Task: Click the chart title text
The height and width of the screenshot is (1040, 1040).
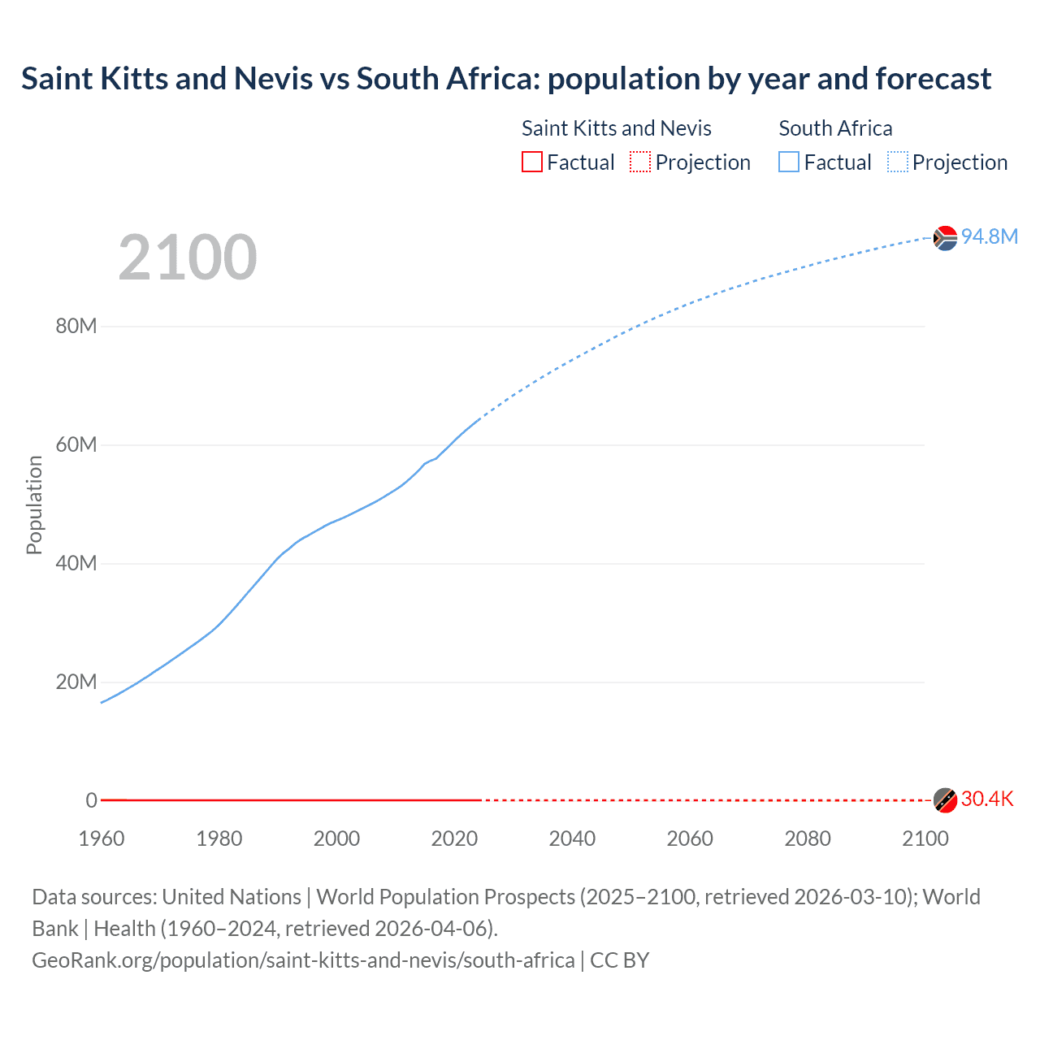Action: tap(505, 79)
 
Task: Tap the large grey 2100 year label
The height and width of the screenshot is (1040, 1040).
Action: tap(188, 258)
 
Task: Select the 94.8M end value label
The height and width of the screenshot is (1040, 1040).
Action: tap(989, 236)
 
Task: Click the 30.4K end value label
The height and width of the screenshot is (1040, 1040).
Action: tap(986, 799)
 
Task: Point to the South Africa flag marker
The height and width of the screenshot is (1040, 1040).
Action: tap(944, 238)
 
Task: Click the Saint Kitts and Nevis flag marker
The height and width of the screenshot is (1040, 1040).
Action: tap(944, 800)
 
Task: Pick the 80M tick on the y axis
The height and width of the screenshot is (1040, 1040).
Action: tap(76, 327)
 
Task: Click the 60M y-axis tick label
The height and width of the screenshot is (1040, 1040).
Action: tap(76, 445)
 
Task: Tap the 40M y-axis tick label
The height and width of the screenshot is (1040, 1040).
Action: tap(76, 564)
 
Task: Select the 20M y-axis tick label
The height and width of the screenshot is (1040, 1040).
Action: tap(76, 682)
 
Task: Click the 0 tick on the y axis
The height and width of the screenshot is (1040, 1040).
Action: tap(91, 800)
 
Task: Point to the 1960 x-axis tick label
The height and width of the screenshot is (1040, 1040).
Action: tap(102, 838)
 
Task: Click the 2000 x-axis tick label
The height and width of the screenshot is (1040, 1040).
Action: tap(336, 838)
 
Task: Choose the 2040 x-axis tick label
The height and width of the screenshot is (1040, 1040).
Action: tap(572, 838)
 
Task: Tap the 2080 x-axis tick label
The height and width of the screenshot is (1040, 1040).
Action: tap(808, 838)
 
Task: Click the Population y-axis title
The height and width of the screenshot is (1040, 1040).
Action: tap(34, 505)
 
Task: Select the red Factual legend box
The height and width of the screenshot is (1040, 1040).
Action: tap(532, 162)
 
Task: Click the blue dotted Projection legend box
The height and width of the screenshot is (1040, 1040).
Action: tap(898, 162)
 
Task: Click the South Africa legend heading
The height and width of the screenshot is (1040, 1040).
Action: tap(835, 128)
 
